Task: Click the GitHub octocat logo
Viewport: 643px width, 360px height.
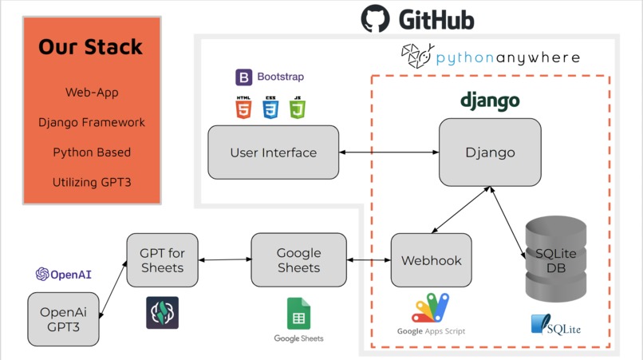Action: (375, 18)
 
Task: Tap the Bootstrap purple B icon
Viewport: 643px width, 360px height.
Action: (243, 77)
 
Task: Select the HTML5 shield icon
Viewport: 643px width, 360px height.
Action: (243, 108)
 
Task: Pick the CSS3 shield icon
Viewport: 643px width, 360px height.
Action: (270, 108)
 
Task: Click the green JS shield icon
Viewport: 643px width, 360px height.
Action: (298, 108)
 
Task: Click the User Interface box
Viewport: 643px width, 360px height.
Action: (274, 152)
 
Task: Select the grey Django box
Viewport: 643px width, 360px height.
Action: (490, 152)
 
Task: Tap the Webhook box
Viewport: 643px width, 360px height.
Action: (432, 260)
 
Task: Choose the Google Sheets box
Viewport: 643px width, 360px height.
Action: (299, 260)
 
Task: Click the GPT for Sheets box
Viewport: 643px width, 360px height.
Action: (163, 260)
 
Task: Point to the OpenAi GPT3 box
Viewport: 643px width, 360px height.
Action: (63, 319)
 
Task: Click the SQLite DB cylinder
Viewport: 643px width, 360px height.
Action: (556, 259)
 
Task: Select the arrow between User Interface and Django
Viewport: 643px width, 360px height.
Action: (389, 152)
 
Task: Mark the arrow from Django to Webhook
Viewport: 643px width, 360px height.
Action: (461, 210)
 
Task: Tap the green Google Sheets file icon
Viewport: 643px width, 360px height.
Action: (298, 314)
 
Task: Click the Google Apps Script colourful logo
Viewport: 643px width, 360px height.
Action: (431, 307)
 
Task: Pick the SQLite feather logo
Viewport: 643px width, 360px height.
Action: (556, 324)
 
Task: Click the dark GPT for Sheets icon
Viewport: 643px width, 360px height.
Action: (163, 313)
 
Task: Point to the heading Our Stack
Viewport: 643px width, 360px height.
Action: (91, 46)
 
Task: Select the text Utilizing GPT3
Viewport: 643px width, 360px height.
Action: (92, 182)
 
